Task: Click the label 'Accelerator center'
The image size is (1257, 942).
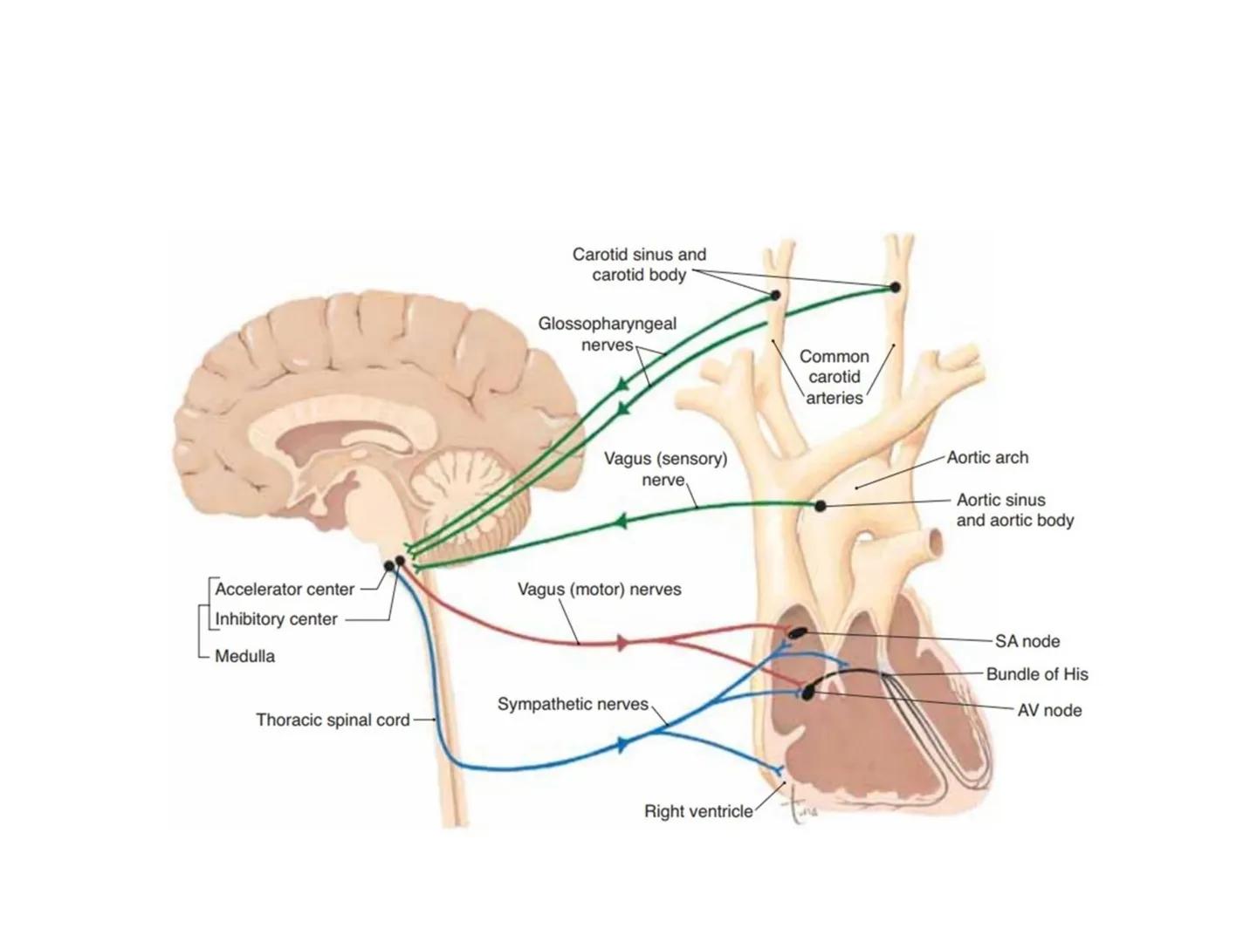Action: point(285,590)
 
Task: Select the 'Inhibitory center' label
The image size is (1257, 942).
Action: point(276,619)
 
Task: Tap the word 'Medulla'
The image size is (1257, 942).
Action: point(244,656)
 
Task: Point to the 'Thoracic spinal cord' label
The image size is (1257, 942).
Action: point(333,720)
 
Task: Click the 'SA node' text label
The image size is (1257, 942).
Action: point(1027,641)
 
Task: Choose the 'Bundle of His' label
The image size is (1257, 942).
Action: point(1037,674)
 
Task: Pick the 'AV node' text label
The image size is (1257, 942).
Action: point(1049,711)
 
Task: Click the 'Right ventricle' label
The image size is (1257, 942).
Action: point(698,811)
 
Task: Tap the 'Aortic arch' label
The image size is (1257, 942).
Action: point(987,458)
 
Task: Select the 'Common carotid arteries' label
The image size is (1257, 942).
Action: point(835,377)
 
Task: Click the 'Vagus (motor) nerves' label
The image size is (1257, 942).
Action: point(599,590)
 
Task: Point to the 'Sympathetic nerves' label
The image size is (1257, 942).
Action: point(573,704)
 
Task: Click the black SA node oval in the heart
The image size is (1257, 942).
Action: point(798,632)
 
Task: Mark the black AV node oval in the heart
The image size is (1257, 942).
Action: point(809,691)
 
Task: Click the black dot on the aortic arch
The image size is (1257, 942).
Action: point(820,506)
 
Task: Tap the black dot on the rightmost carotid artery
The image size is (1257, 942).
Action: point(894,287)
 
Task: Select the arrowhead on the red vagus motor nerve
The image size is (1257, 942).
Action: point(622,644)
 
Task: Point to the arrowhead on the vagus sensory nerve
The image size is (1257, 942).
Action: point(621,522)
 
